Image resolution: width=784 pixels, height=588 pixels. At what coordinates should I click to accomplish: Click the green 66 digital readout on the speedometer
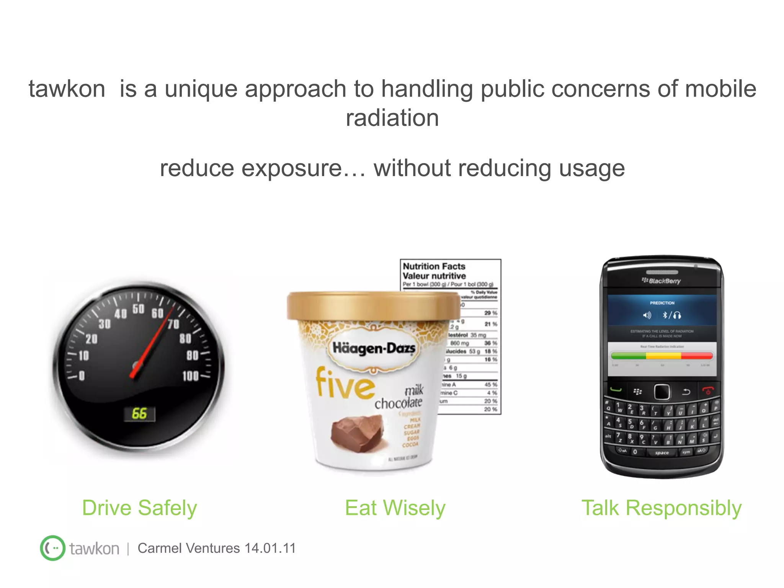point(139,413)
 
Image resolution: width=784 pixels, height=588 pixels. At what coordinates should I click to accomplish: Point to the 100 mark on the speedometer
point(191,376)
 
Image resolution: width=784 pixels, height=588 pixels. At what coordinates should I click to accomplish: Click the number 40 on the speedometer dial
point(121,314)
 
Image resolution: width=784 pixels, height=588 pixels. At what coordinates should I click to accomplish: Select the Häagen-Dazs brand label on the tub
point(374,348)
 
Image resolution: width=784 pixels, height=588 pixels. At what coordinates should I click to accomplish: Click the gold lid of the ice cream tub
point(373,306)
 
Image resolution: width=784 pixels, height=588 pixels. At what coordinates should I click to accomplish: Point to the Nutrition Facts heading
point(434,266)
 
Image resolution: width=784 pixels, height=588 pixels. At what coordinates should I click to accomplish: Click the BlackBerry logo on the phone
point(661,281)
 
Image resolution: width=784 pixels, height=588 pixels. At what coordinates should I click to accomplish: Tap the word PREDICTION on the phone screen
point(662,303)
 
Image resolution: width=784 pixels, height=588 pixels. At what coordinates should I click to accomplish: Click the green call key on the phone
point(616,390)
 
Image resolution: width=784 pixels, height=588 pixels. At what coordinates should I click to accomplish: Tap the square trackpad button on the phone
point(662,392)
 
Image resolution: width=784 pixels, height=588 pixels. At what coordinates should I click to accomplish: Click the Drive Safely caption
point(140,508)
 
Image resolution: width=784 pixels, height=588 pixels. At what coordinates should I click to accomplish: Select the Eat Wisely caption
point(395,508)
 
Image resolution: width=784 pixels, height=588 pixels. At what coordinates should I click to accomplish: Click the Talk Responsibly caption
point(661,508)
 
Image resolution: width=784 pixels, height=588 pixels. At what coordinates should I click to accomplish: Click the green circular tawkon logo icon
point(52,548)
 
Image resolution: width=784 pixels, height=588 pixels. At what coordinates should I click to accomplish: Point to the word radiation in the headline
point(392,118)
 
